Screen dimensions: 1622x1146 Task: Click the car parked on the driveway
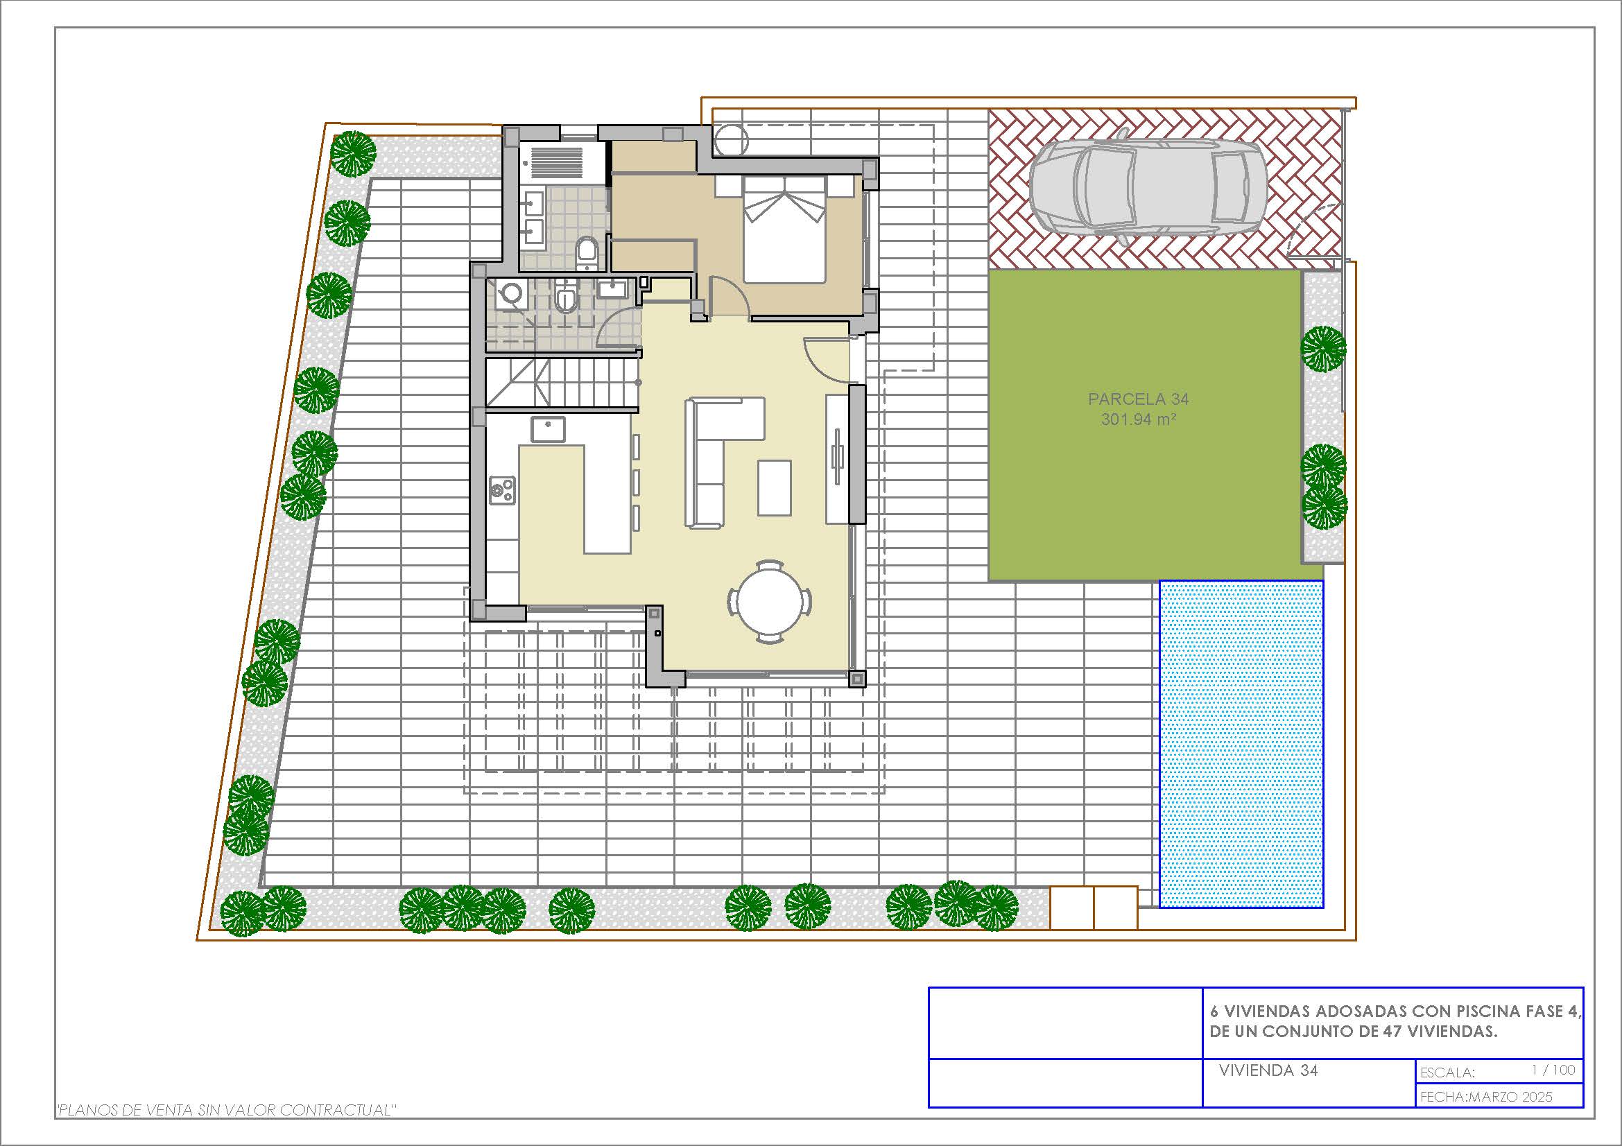tap(1147, 186)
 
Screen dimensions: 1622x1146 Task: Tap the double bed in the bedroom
tap(784, 229)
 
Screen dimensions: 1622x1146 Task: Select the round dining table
tap(769, 602)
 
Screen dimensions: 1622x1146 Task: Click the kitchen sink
tap(549, 429)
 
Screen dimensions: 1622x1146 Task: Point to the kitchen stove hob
tap(502, 490)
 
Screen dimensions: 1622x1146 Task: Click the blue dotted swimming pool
tap(1241, 743)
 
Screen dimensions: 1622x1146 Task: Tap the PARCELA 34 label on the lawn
tap(1138, 399)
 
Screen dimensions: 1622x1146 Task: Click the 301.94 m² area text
tap(1138, 419)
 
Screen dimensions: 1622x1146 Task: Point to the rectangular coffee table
tap(775, 488)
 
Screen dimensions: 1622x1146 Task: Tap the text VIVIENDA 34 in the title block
tap(1268, 1070)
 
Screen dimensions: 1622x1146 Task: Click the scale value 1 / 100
tap(1553, 1070)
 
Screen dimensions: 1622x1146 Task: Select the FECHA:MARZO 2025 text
tap(1486, 1097)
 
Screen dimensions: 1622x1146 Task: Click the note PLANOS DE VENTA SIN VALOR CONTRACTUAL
tap(225, 1110)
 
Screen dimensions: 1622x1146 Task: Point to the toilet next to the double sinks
tap(587, 253)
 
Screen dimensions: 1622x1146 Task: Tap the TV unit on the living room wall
tap(837, 458)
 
